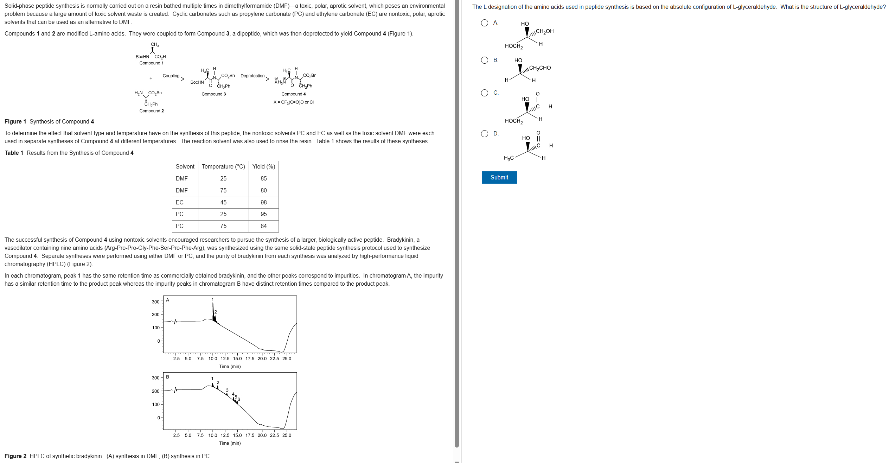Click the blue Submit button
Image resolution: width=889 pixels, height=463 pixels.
499,178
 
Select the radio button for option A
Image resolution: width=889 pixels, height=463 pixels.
485,23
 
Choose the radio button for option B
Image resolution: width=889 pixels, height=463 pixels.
485,60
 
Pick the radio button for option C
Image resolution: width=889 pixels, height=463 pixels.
485,93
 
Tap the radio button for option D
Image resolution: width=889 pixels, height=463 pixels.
485,134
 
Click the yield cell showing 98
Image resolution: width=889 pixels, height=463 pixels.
263,202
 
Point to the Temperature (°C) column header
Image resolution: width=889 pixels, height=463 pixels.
223,167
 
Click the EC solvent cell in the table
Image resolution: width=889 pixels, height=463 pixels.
180,202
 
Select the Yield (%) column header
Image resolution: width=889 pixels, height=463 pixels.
263,167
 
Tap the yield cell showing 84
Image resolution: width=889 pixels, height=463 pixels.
263,226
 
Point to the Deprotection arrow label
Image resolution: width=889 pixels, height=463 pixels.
252,76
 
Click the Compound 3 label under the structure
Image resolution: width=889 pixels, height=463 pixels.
213,94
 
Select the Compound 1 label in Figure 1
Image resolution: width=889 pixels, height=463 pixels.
151,63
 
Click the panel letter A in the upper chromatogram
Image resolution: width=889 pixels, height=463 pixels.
168,300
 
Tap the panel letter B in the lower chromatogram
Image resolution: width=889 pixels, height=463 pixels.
168,377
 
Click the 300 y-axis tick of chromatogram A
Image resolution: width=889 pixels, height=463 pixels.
155,302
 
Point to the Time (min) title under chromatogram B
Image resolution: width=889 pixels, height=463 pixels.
230,443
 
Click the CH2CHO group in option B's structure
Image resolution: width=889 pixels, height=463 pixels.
540,68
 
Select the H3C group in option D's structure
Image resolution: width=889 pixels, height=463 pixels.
509,158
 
